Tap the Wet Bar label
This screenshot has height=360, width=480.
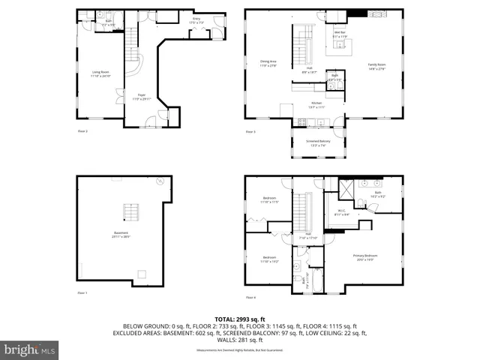(340, 34)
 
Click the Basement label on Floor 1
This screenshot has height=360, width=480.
(121, 234)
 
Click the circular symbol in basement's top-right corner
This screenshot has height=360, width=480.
(160, 181)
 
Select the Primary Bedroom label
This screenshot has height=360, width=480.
(365, 257)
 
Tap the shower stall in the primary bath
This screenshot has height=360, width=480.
(348, 187)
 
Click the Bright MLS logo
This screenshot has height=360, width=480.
(28, 349)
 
